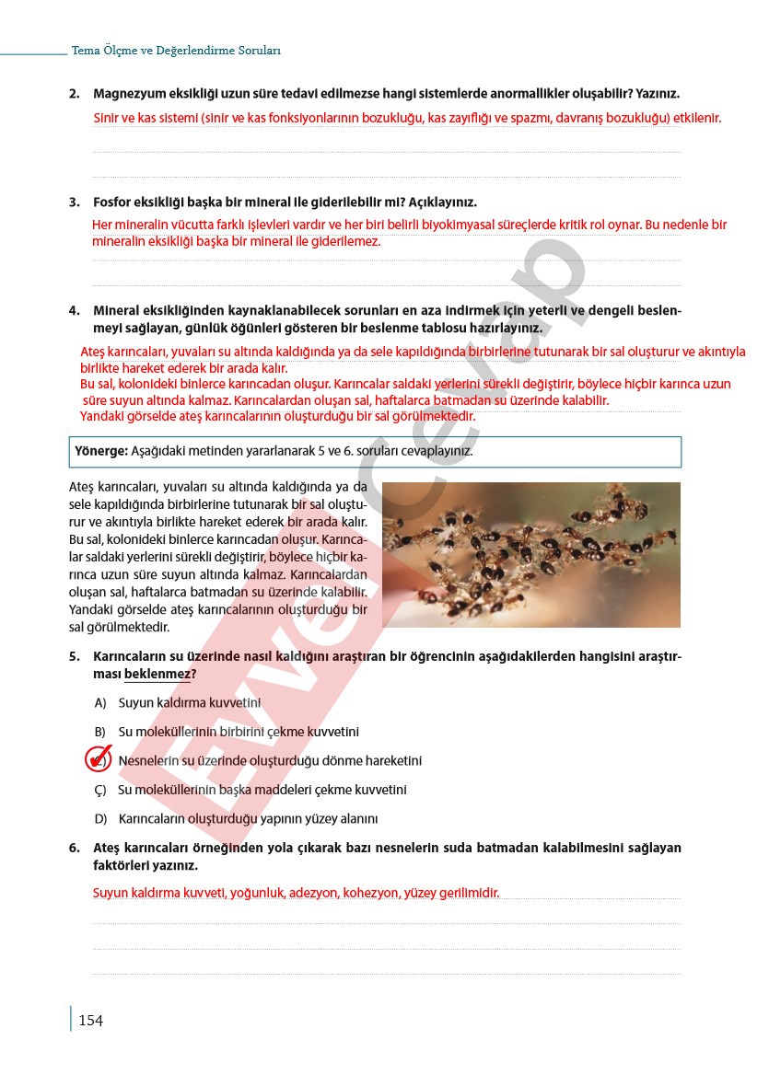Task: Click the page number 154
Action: pyautogui.click(x=90, y=1020)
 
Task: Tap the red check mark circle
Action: pyautogui.click(x=98, y=759)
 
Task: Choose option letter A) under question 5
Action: pyautogui.click(x=100, y=703)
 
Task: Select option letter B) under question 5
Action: pyautogui.click(x=100, y=732)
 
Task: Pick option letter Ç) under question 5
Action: pyautogui.click(x=100, y=790)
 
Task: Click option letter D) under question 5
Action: pyautogui.click(x=100, y=819)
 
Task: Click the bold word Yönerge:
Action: pyautogui.click(x=101, y=451)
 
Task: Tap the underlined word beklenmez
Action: pyautogui.click(x=157, y=675)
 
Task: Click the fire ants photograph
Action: pyautogui.click(x=530, y=554)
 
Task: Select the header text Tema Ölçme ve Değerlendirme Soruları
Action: pyautogui.click(x=176, y=51)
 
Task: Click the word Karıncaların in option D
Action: pyautogui.click(x=151, y=819)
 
